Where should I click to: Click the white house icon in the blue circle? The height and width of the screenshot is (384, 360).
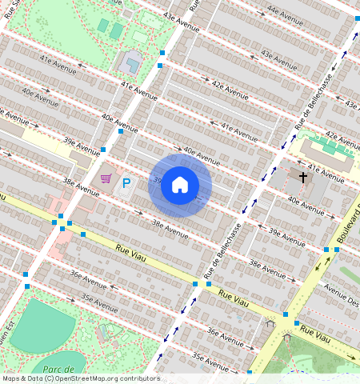click(x=180, y=186)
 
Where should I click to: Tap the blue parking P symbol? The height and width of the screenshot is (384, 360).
click(x=126, y=185)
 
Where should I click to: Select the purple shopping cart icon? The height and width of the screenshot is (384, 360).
click(x=106, y=178)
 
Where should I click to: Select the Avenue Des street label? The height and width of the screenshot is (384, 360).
click(x=340, y=298)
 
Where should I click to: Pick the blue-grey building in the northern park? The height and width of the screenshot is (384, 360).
click(x=131, y=62)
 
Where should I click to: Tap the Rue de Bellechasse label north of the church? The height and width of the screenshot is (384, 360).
click(x=312, y=104)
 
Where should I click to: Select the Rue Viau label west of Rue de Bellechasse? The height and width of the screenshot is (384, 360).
click(x=131, y=254)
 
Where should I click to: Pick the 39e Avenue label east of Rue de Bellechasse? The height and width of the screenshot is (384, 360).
click(x=286, y=233)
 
